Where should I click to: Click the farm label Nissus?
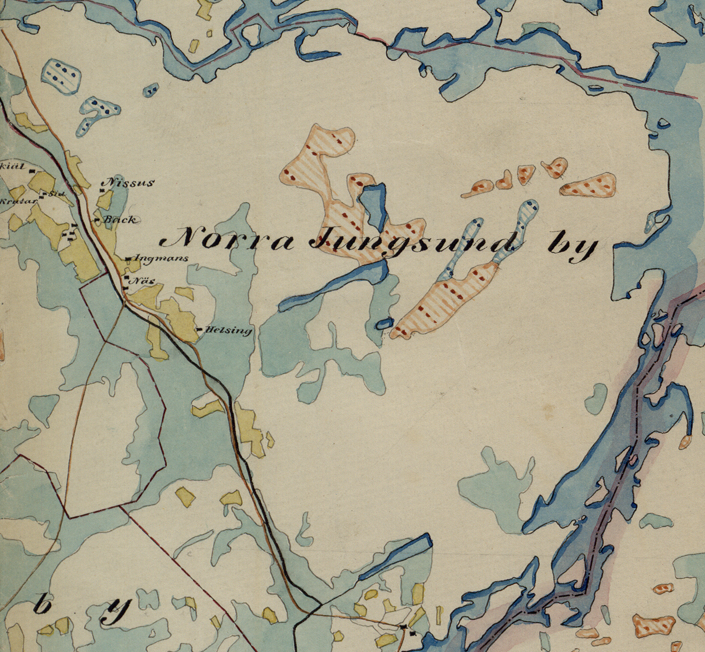pyautogui.click(x=129, y=183)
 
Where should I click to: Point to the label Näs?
pyautogui.click(x=143, y=281)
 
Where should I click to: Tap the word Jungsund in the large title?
pyautogui.click(x=412, y=242)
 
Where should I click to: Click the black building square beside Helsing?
pyautogui.click(x=199, y=329)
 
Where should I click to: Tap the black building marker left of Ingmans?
pyautogui.click(x=128, y=259)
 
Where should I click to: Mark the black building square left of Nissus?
pyautogui.click(x=102, y=190)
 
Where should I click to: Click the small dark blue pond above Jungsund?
pyautogui.click(x=374, y=204)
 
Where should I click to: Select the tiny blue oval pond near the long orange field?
pyautogui.click(x=384, y=323)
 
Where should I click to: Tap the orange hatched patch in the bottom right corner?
pyautogui.click(x=654, y=625)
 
